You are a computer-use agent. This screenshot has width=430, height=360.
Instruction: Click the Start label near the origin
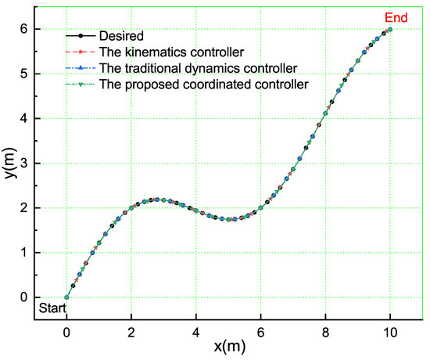click(52, 308)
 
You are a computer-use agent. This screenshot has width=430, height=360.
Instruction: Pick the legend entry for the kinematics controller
click(161, 52)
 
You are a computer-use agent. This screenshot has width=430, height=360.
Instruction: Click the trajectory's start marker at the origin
click(66, 297)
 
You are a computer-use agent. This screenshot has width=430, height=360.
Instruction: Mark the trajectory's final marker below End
click(390, 30)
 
